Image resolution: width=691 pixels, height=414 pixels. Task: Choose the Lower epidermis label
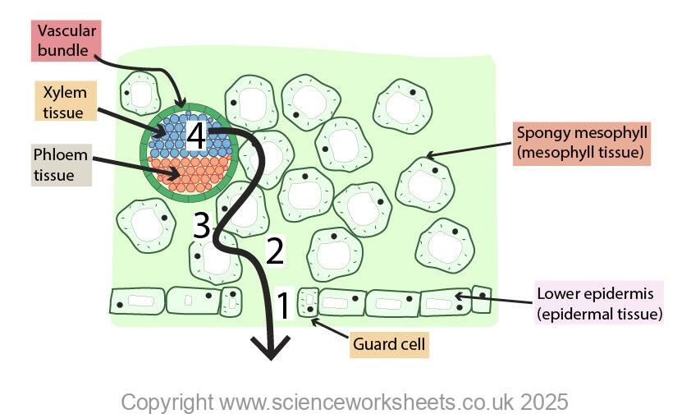pos(598,303)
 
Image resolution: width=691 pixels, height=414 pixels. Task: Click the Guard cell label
pos(389,344)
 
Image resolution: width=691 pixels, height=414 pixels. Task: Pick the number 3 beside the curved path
pos(203,226)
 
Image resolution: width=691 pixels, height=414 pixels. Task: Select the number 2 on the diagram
pos(275,251)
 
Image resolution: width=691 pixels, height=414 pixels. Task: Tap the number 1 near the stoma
pos(281,306)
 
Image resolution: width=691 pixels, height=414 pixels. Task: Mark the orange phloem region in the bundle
pos(189,176)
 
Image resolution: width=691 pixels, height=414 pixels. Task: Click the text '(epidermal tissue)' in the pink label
pos(598,313)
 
